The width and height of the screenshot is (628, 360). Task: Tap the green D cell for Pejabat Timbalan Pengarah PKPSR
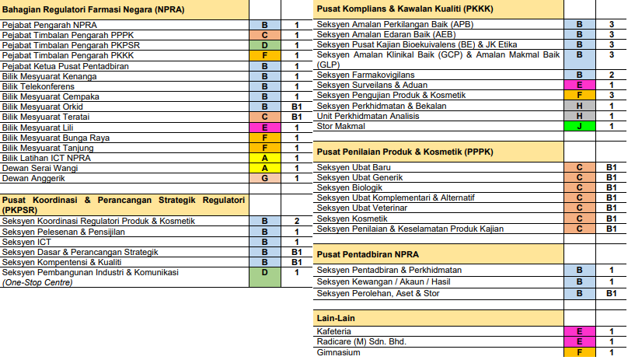point(265,46)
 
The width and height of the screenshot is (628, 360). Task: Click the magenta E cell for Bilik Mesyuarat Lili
point(265,127)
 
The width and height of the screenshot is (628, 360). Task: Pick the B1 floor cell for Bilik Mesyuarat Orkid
point(296,107)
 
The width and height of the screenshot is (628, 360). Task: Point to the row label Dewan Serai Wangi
point(40,167)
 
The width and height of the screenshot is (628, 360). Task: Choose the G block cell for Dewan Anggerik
point(265,177)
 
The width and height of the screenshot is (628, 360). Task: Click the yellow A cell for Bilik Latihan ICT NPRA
point(265,157)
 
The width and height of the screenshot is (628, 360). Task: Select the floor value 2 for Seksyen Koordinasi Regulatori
point(296,222)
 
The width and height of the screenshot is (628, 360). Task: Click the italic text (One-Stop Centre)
point(38,282)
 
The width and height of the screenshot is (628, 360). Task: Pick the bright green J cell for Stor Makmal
point(579,126)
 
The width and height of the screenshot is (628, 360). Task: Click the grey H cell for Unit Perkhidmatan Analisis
point(579,116)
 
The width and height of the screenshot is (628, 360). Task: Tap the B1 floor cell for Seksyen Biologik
point(611,187)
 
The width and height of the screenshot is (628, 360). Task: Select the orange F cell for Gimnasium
point(579,352)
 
